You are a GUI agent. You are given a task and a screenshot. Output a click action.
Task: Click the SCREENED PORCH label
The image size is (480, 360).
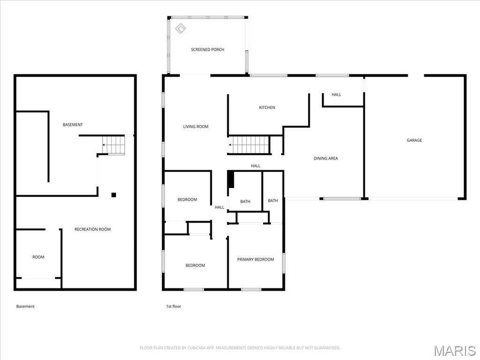click(x=207, y=50)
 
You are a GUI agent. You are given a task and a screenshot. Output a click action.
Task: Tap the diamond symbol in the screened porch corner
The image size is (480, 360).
click(x=180, y=29)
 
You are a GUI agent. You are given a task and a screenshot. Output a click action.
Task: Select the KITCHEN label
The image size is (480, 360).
click(x=267, y=108)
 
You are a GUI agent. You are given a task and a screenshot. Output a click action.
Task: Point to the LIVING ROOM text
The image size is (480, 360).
click(x=195, y=127)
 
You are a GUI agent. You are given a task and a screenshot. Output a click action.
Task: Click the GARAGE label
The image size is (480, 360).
click(x=414, y=140)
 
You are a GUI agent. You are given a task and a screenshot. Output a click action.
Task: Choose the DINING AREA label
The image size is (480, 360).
click(x=325, y=158)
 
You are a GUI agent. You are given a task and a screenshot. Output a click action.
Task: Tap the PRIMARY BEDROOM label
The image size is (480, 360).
click(x=255, y=260)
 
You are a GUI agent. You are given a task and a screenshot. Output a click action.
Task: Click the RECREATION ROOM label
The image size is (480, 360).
click(x=92, y=229)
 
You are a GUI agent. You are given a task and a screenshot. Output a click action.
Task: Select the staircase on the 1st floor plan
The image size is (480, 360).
click(x=249, y=145)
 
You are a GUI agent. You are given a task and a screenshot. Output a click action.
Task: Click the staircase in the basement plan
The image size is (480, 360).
click(x=114, y=145)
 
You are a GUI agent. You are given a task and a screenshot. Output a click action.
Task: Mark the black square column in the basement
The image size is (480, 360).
click(x=113, y=195)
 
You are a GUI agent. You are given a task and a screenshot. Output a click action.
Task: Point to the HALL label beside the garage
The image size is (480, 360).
click(x=336, y=95)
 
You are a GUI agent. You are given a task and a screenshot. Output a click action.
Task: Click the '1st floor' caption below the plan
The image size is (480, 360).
click(x=173, y=307)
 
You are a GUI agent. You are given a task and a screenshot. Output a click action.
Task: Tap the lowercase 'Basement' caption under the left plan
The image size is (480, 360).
click(x=25, y=307)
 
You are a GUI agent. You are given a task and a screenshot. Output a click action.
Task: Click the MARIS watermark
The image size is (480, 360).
click(x=454, y=351)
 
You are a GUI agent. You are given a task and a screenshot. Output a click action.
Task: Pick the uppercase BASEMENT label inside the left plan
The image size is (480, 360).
click(x=73, y=125)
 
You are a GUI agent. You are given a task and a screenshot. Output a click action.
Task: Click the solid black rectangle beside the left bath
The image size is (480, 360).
click(x=230, y=180)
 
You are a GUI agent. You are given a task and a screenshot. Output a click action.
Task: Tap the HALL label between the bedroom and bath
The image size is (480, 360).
click(x=219, y=207)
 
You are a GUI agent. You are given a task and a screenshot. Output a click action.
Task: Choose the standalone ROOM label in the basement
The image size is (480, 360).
click(x=38, y=257)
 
